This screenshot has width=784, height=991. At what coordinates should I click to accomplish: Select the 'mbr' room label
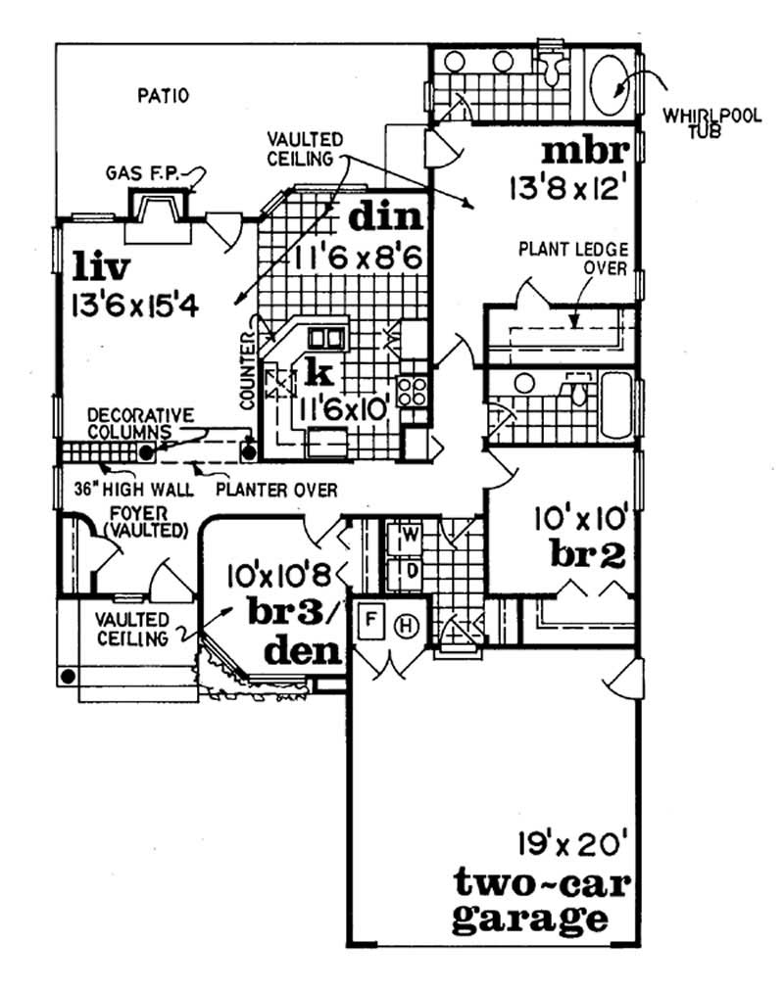(583, 154)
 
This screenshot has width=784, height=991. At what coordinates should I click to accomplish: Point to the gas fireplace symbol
(157, 212)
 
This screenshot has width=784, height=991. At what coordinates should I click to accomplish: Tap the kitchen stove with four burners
(413, 390)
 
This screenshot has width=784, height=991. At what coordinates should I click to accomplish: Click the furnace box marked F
(371, 621)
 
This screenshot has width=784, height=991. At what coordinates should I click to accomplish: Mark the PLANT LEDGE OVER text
(572, 259)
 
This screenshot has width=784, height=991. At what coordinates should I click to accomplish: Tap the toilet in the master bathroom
(556, 65)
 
